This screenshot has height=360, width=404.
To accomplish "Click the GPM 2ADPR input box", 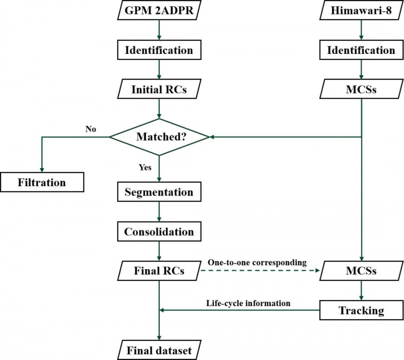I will (159, 10).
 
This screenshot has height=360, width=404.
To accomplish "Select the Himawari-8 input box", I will (361, 10).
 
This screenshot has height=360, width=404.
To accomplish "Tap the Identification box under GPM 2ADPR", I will (159, 50).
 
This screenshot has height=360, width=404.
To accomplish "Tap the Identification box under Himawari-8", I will (361, 50).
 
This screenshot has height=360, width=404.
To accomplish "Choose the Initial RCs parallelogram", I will (159, 90).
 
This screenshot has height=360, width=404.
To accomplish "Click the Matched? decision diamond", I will (159, 137).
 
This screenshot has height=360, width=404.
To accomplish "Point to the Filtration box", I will (42, 182).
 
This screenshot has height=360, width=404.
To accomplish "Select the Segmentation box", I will (159, 192).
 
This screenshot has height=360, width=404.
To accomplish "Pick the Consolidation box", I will (159, 232).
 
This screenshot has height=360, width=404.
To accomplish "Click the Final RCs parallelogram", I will (159, 271).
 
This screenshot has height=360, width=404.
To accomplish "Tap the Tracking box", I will (361, 310).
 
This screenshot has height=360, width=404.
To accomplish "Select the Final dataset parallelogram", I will (159, 350).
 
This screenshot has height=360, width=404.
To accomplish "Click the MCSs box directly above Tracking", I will (361, 271).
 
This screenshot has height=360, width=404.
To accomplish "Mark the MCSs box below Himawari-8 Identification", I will (361, 90).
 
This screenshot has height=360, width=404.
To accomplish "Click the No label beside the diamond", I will (91, 129).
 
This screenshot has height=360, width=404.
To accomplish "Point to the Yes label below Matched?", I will (145, 168).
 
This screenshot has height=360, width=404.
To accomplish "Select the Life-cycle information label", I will (248, 303).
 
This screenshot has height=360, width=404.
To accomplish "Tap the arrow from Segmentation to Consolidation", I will (159, 212).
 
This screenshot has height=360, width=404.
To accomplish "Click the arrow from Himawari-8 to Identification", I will (361, 30).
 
